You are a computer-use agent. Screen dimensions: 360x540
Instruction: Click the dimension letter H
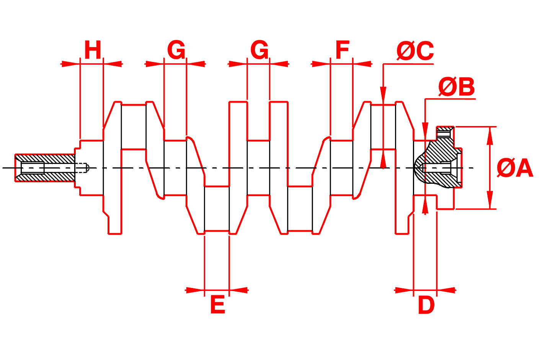point(93,50)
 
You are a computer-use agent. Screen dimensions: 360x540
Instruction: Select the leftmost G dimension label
point(176,50)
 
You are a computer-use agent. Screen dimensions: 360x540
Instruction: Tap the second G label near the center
point(259,50)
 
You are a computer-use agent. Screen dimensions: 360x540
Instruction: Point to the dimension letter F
point(343,50)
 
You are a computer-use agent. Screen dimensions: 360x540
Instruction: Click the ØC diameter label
point(415,51)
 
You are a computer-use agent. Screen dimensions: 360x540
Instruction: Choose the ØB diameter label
point(456,87)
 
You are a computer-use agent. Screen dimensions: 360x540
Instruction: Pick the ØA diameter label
point(515,168)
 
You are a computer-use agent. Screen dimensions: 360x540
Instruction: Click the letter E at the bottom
point(217,305)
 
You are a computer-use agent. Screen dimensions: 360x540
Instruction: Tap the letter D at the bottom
point(426,305)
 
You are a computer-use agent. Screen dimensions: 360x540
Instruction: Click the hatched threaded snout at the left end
point(45,167)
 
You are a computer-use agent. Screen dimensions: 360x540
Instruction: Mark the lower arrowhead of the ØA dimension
point(489,201)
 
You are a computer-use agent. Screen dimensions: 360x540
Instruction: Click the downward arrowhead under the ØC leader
point(383,96)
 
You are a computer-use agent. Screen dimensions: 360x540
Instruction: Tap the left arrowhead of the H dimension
point(71,64)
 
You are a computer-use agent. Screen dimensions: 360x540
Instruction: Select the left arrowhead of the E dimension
point(195,290)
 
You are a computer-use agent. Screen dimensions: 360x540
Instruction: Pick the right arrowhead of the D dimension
point(446,290)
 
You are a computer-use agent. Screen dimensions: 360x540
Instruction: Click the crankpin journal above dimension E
point(217,209)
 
